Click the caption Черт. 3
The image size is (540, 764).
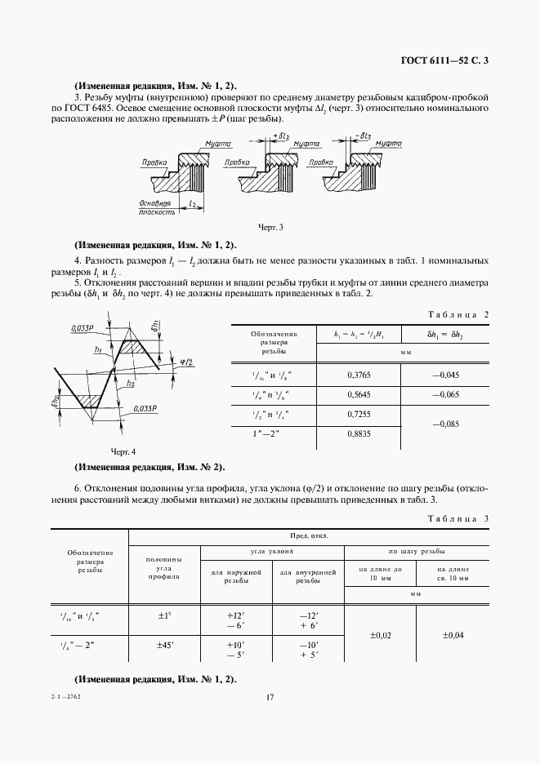[270, 227]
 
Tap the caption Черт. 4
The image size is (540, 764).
[123, 451]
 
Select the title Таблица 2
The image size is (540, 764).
[457, 314]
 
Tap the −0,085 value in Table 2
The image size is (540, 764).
[445, 424]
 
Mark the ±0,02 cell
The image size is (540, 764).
[381, 635]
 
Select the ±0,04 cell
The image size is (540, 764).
[453, 635]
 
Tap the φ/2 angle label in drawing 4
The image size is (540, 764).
[186, 362]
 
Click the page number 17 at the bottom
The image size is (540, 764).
[270, 696]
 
